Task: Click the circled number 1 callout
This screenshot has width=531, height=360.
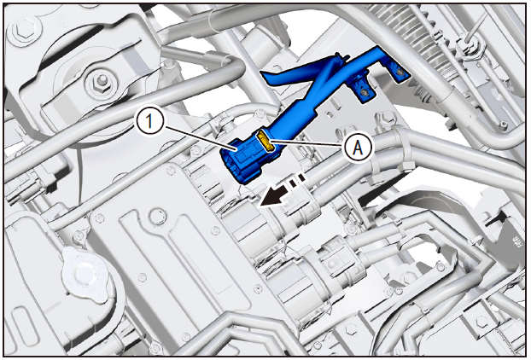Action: pos(149,121)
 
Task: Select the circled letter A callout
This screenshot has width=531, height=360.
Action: pos(359,148)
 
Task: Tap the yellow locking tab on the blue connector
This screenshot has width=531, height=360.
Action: pos(265,141)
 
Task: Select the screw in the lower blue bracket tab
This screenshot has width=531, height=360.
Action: pos(364,91)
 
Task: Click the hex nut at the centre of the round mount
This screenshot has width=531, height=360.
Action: pos(100,82)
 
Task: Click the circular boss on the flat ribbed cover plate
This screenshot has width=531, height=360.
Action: pos(155,218)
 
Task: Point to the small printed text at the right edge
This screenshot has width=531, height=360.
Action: pos(518,242)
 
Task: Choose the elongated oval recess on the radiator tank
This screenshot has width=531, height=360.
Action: pos(21,322)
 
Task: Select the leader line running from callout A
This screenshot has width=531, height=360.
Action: pos(308,142)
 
